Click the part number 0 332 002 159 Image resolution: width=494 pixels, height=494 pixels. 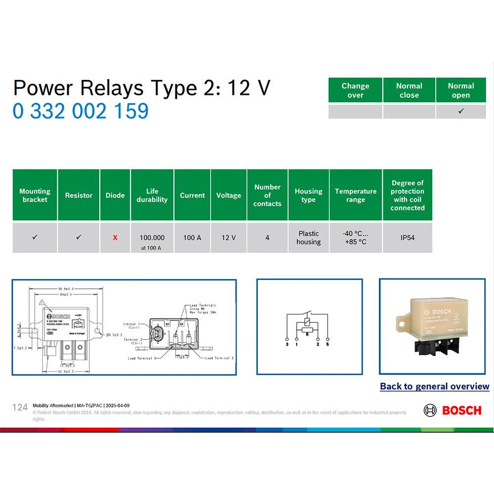tap(81, 111)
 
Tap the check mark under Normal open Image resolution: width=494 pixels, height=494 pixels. tap(460, 112)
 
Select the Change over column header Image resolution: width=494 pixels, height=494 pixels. tap(355, 90)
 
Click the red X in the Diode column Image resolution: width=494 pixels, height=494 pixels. tap(115, 238)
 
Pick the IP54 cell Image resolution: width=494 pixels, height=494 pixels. tap(407, 238)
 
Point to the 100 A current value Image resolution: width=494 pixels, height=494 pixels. tap(192, 238)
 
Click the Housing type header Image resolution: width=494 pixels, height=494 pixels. tap(308, 195)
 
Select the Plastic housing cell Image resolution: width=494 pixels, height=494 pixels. tap(308, 238)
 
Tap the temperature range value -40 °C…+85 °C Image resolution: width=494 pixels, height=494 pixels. tap(356, 238)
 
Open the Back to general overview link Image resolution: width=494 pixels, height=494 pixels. tap(434, 386)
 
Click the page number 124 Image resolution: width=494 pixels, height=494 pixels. tap(20, 407)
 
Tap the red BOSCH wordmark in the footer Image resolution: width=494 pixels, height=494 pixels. tap(461, 410)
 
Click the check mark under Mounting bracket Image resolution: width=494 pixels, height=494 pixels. tap(35, 238)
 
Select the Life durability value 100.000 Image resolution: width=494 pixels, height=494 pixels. tap(152, 238)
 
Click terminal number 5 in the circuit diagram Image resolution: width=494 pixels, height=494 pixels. tap(327, 344)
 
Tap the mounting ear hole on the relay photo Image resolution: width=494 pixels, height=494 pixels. tap(401, 325)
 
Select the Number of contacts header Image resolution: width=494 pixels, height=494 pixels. tap(267, 195)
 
